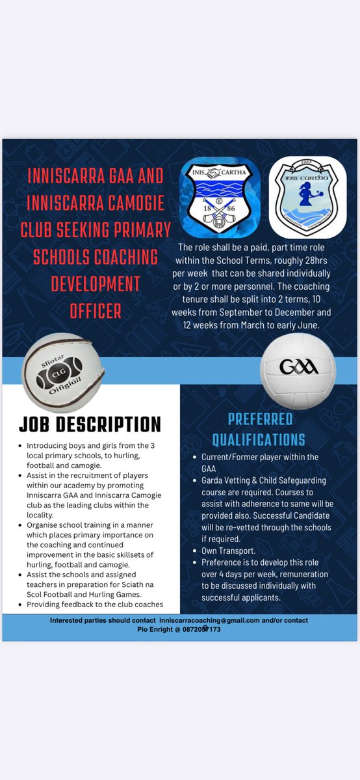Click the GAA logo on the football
(x=299, y=367)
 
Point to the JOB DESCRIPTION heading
(x=90, y=424)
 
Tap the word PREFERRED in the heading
(x=260, y=419)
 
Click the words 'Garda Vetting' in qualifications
(x=231, y=480)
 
